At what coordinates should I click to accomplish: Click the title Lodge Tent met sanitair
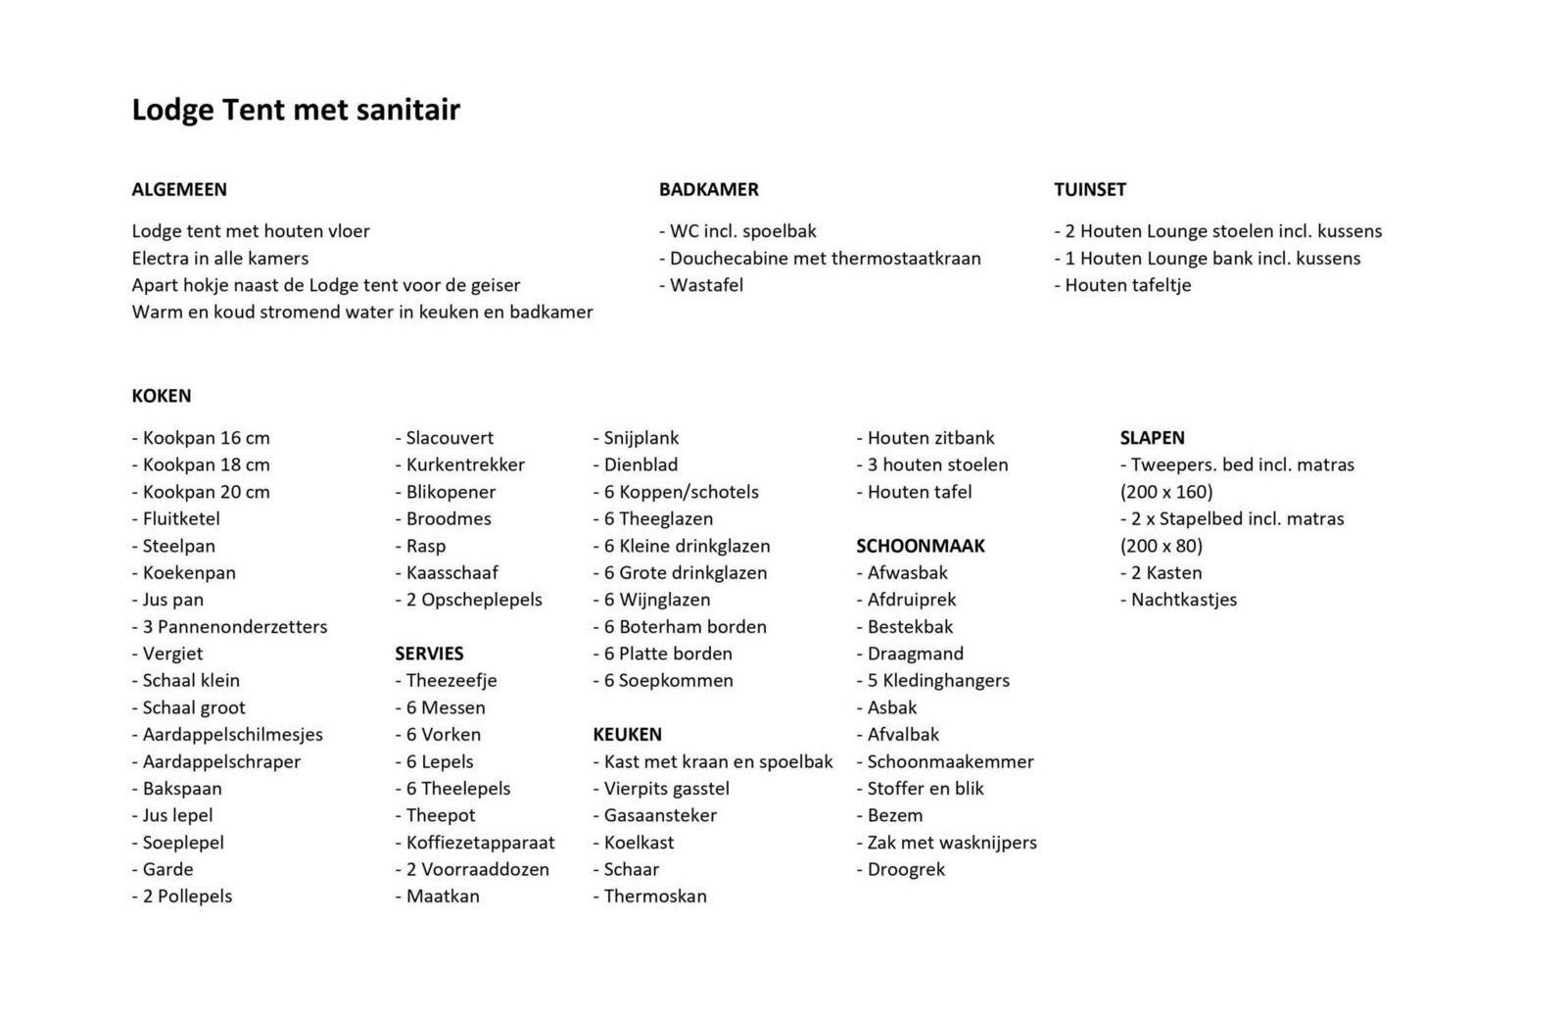pyautogui.click(x=296, y=110)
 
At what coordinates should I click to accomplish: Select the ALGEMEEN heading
pyautogui.click(x=179, y=189)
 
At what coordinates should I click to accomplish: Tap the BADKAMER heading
pyautogui.click(x=709, y=189)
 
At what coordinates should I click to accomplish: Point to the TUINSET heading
pyautogui.click(x=1090, y=189)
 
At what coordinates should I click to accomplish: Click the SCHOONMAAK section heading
pyautogui.click(x=921, y=546)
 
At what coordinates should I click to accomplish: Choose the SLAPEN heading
pyautogui.click(x=1153, y=438)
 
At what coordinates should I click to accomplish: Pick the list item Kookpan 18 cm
pyautogui.click(x=201, y=464)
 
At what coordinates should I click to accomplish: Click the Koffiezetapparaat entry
pyautogui.click(x=475, y=842)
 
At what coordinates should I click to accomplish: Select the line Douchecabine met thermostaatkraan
pyautogui.click(x=820, y=258)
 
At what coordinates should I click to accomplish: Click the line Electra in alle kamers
pyautogui.click(x=220, y=258)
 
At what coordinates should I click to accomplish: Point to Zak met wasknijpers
pyautogui.click(x=946, y=842)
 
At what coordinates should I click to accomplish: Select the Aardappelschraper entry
pyautogui.click(x=216, y=761)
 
